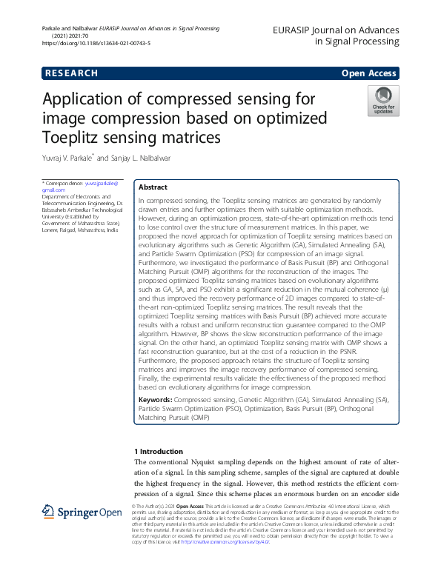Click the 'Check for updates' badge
pos(383,101)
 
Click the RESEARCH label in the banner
pos(71,73)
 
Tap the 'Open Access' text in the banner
pos(371,73)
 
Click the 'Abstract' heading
pos(153,187)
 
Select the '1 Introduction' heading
pos(158,451)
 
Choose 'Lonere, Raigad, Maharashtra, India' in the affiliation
pos(79,230)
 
